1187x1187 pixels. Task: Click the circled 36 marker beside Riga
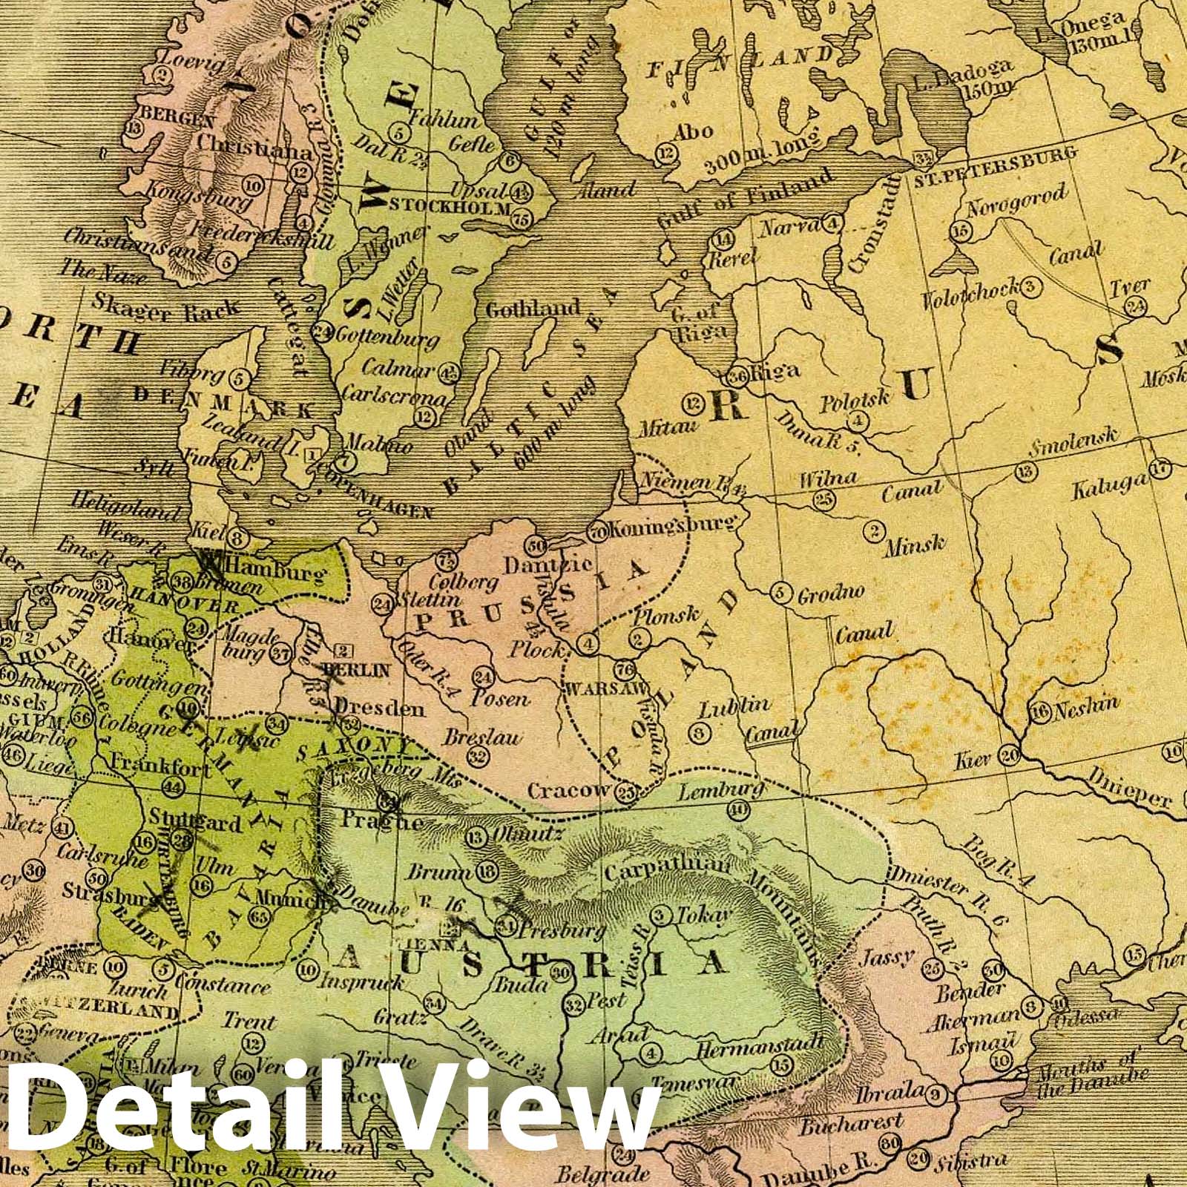[x=737, y=376]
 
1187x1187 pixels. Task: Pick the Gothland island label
[x=532, y=309]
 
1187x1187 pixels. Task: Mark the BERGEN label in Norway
[x=178, y=119]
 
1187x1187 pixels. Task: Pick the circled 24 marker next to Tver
[x=1135, y=306]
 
